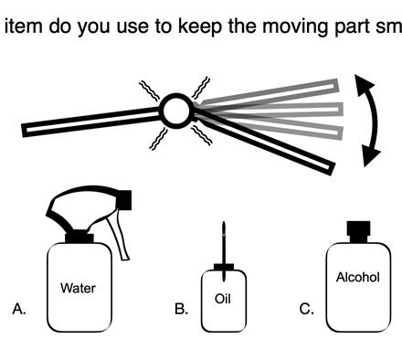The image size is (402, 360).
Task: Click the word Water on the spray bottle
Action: tap(78, 288)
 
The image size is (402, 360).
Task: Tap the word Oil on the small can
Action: tap(223, 299)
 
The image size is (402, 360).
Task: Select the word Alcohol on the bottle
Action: tap(358, 277)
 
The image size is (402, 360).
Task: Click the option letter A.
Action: tap(19, 309)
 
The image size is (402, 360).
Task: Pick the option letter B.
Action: tap(181, 309)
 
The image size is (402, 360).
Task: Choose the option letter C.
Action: tap(306, 309)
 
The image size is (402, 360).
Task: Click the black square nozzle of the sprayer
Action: tap(124, 200)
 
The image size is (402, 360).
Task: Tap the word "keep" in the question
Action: tap(200, 26)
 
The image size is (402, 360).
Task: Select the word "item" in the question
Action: tap(24, 26)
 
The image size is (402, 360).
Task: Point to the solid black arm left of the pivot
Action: tap(91, 122)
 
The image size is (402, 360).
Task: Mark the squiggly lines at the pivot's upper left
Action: tap(150, 90)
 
